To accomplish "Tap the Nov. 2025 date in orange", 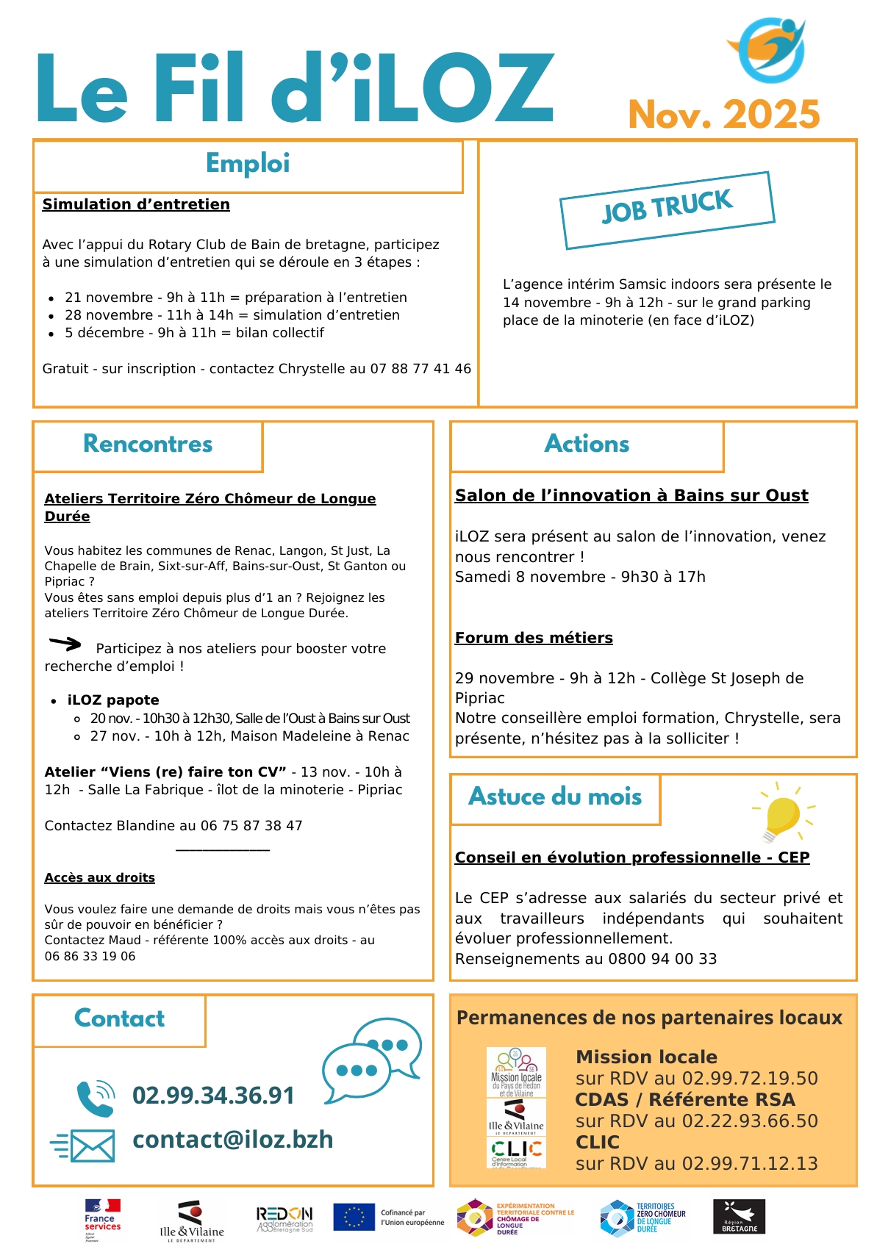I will coord(724,115).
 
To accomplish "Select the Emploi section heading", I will coord(248,163).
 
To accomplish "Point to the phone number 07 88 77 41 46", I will coord(420,369).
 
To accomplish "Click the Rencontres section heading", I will coord(148,444).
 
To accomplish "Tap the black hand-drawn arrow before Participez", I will coord(65,644).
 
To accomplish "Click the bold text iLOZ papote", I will coord(113,700).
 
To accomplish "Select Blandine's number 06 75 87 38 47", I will coord(251,826).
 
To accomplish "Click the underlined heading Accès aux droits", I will coord(99,878).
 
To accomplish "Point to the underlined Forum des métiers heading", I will coord(534,638).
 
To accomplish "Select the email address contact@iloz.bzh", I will coord(232,1140).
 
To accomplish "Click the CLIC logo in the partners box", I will coord(517,1151).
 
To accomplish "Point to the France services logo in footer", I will coord(102,1220).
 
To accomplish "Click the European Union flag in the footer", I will coord(354,1217).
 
